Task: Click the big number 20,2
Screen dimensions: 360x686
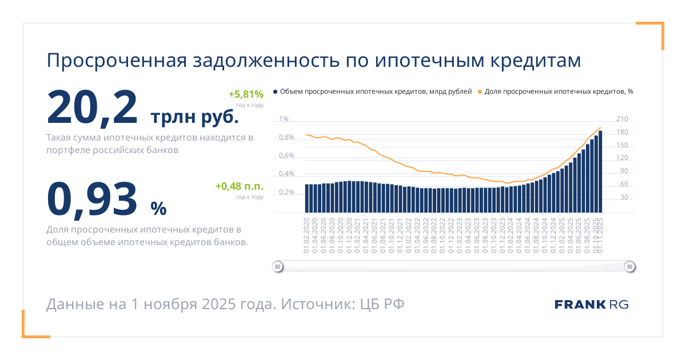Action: (x=92, y=107)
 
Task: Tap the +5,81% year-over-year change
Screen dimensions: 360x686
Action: (x=246, y=94)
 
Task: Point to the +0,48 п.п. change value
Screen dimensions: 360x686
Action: (x=239, y=186)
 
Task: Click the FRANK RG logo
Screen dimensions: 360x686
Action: (x=591, y=304)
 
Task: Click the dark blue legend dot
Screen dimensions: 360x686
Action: (x=276, y=91)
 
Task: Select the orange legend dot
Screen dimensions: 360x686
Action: (x=480, y=91)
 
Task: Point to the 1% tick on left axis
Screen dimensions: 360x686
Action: (x=284, y=119)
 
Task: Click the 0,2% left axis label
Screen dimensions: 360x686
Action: (x=286, y=192)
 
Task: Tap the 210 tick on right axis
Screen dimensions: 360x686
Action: (x=621, y=119)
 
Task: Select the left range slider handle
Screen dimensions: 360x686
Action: (x=277, y=266)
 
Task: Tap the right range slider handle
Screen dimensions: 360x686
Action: (x=629, y=266)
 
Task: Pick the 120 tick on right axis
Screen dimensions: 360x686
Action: (x=621, y=158)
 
